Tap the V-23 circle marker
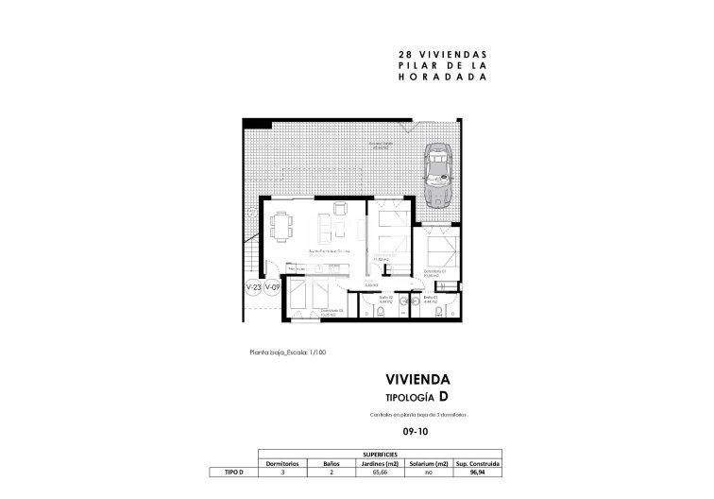(253, 286)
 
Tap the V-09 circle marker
(272, 286)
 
